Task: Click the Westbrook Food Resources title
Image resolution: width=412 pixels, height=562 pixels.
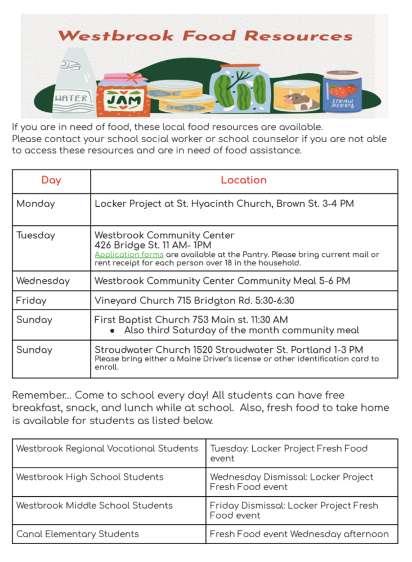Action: pos(205,36)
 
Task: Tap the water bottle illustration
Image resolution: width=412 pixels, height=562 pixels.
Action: pos(71,84)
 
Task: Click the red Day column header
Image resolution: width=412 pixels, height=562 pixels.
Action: pos(51,180)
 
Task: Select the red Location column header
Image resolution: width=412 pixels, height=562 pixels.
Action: pos(243,180)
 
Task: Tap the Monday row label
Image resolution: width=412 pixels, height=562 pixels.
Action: pos(35,204)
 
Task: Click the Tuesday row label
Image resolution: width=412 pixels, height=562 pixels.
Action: pos(35,235)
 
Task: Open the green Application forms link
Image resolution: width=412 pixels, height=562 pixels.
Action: pos(129,255)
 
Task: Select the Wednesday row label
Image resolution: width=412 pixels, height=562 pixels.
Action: pos(43,280)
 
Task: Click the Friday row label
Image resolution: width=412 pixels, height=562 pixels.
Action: pos(31,301)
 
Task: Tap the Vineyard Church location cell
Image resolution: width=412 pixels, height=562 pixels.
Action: pos(194,301)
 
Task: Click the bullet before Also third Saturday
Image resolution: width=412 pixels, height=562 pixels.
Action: pos(113,330)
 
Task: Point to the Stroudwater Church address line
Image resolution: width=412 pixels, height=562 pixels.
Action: pos(229,350)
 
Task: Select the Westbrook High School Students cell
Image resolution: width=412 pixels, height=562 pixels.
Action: pos(90,477)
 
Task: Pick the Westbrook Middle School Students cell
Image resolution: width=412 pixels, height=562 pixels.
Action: pos(95,505)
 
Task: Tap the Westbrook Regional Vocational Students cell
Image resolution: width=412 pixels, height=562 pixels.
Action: pos(107,448)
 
